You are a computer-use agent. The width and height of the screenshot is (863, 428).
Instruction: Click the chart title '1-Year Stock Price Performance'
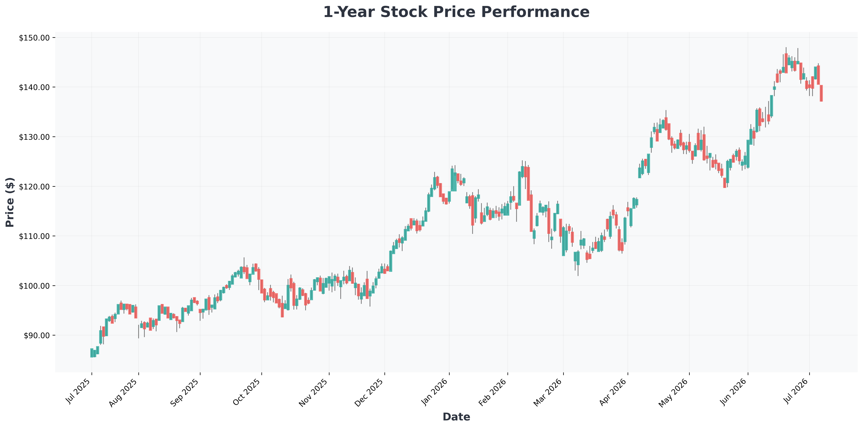tap(456, 12)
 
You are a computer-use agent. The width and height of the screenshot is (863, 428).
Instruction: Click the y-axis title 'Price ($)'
tap(10, 202)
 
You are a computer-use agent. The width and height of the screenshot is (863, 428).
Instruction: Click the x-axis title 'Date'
tap(456, 417)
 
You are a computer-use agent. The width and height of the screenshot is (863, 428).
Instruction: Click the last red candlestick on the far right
tap(821, 93)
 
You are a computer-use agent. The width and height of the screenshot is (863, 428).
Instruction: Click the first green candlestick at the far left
tap(92, 353)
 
